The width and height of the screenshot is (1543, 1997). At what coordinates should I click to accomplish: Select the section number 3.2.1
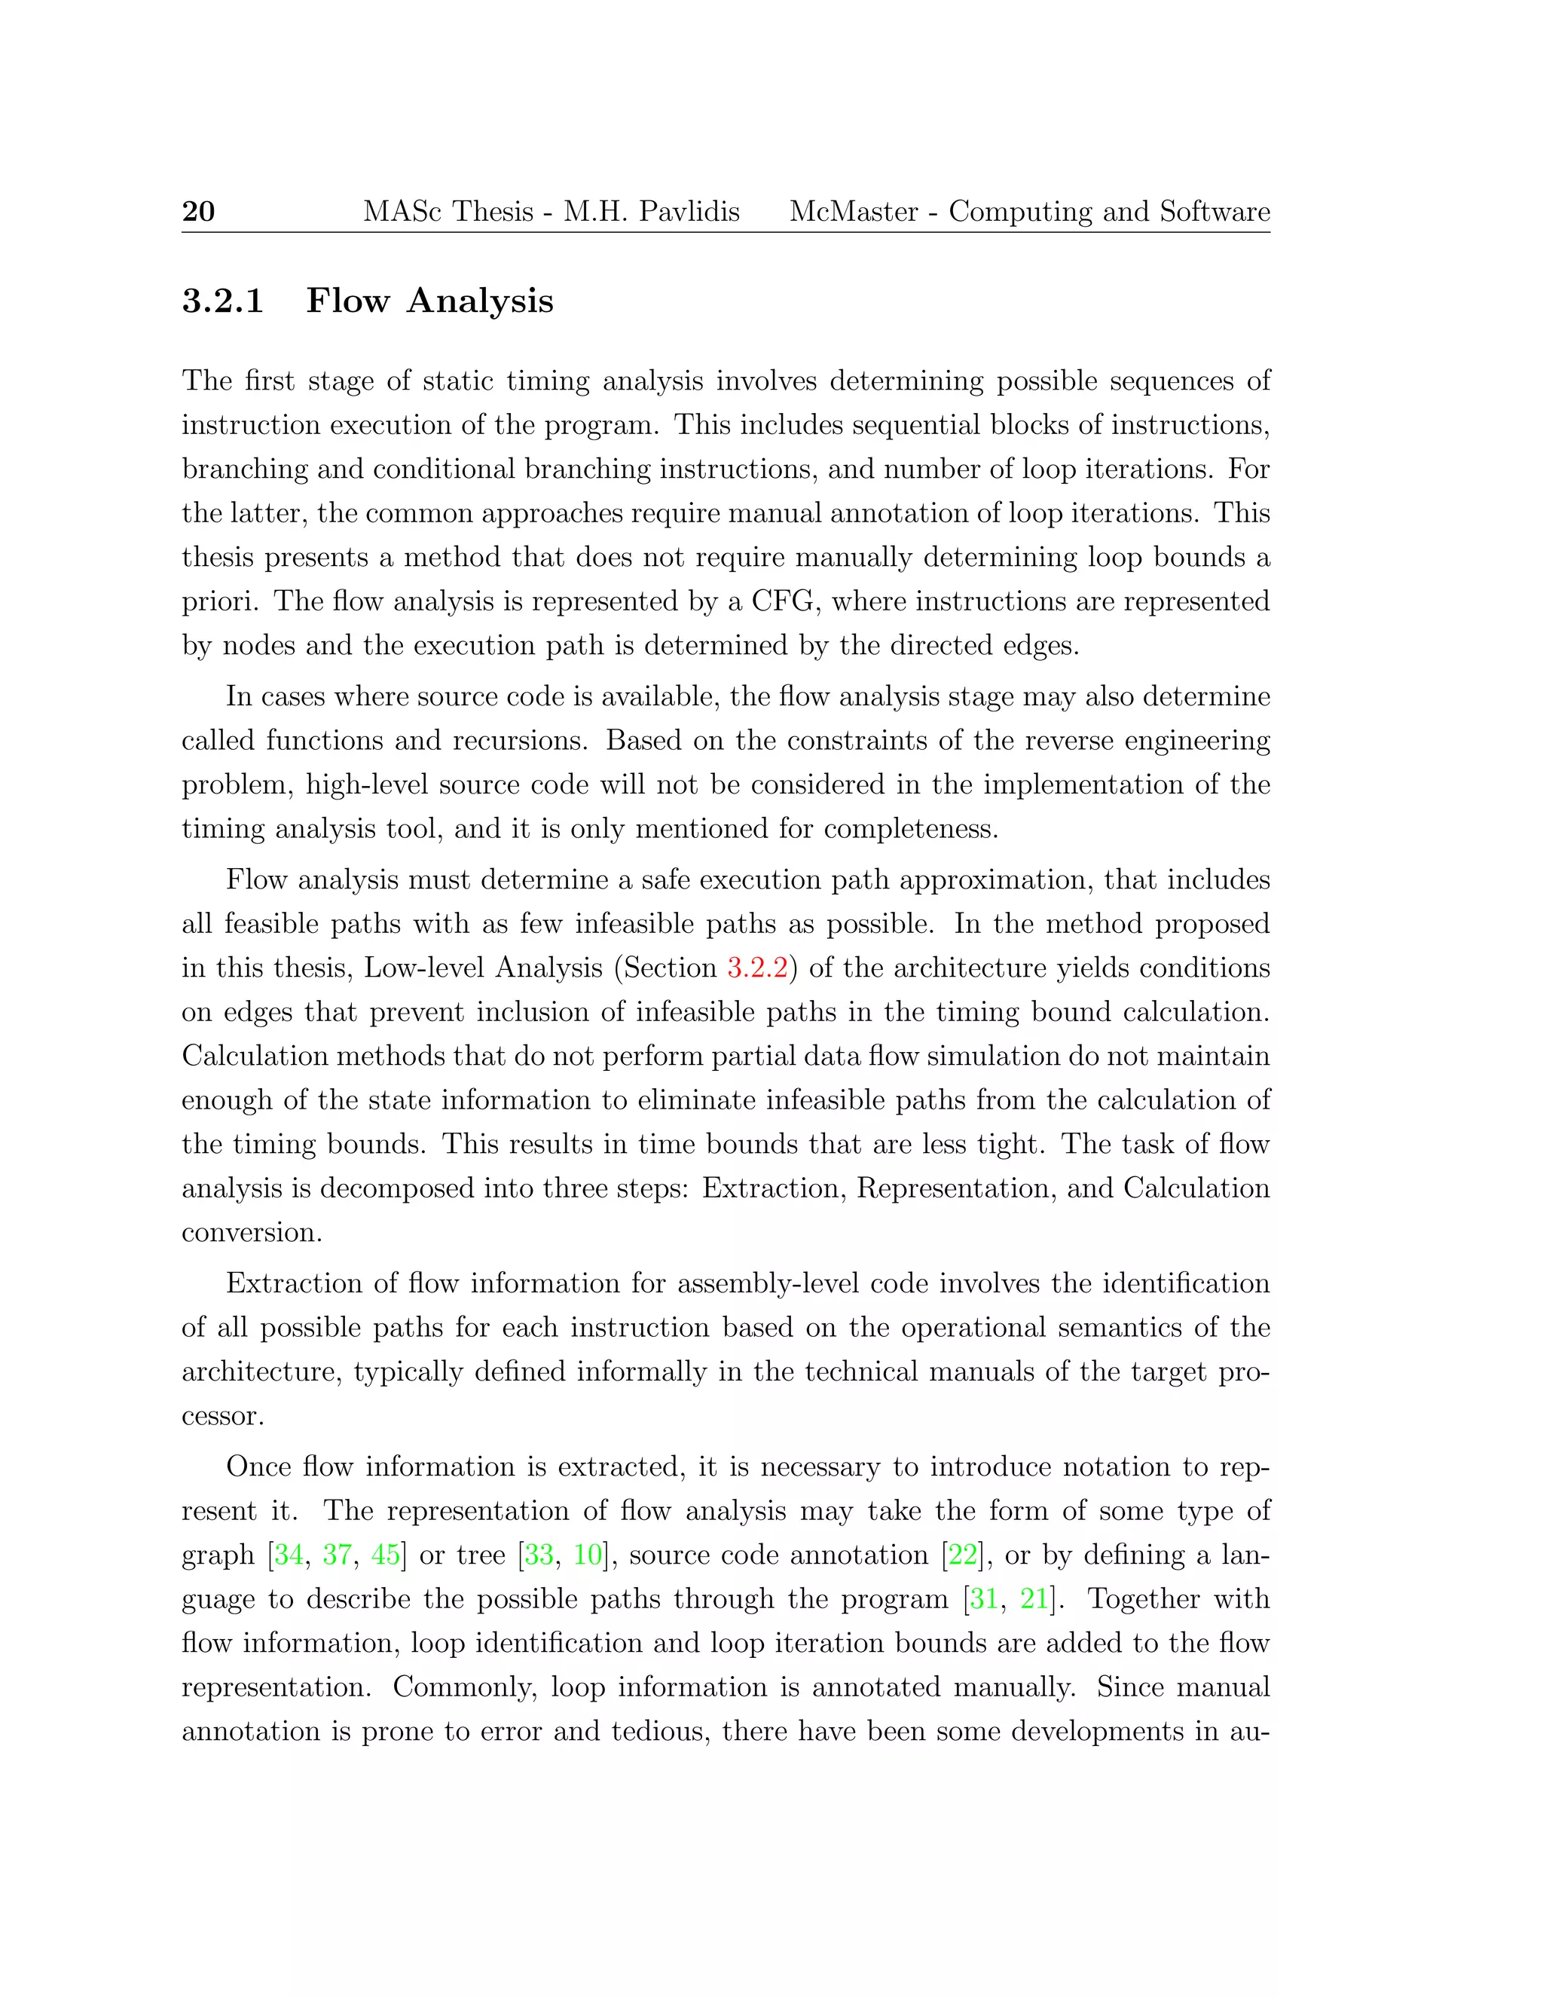(x=223, y=301)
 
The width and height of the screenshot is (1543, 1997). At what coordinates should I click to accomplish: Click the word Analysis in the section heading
(x=480, y=301)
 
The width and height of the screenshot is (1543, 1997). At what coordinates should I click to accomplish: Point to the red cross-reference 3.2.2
(x=757, y=968)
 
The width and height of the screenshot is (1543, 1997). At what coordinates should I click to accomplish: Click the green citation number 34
(x=289, y=1555)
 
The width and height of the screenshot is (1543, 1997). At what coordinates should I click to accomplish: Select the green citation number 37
(x=338, y=1555)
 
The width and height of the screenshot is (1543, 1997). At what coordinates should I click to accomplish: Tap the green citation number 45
(x=386, y=1555)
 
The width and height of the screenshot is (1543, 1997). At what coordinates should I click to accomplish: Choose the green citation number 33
(x=539, y=1555)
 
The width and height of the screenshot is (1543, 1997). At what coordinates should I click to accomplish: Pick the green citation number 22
(x=963, y=1555)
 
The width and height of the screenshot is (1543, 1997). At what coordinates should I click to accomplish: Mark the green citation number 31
(x=983, y=1598)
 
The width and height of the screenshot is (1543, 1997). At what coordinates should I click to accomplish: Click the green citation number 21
(x=1034, y=1598)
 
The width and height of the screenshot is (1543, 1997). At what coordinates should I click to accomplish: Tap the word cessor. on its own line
(x=223, y=1417)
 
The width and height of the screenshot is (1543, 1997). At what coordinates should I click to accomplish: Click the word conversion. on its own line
(x=252, y=1233)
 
